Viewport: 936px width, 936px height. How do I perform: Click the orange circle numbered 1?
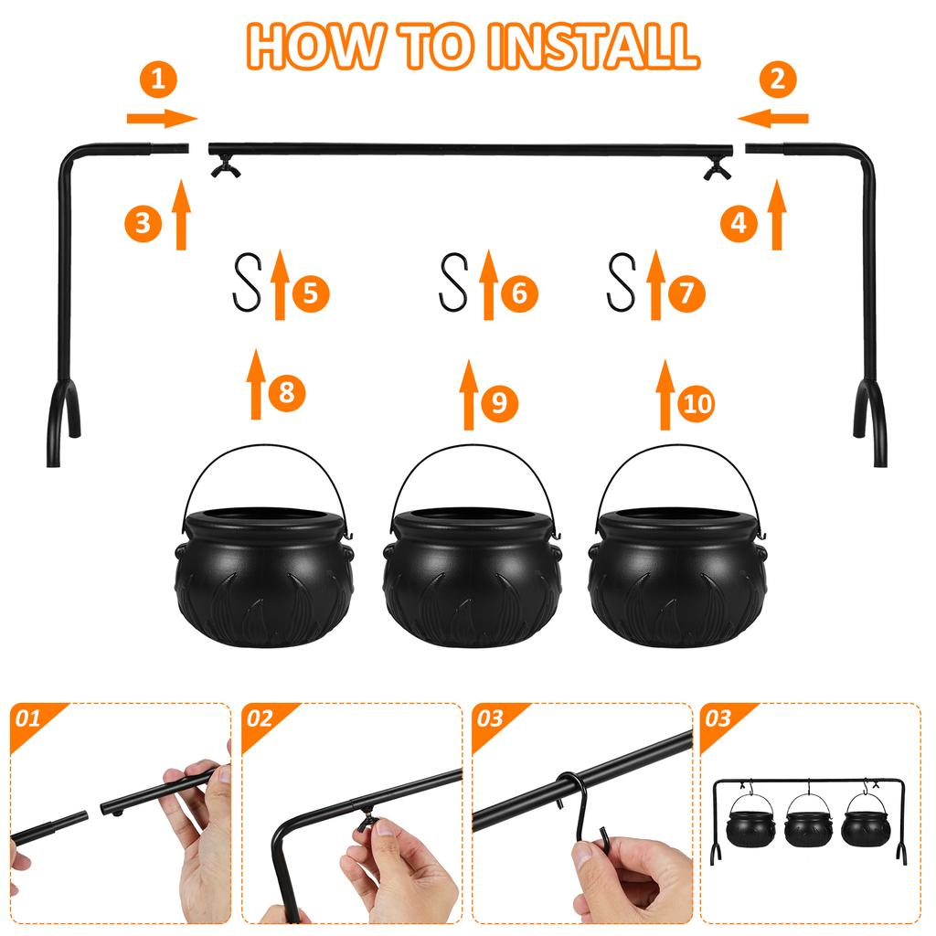[x=159, y=80]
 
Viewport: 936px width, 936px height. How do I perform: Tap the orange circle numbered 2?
[x=777, y=80]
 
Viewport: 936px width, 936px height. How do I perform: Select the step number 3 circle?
[x=143, y=223]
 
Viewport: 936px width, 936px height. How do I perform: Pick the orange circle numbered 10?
[x=697, y=404]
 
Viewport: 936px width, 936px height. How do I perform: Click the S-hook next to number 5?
[x=247, y=282]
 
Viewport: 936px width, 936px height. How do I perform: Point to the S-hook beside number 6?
[x=454, y=282]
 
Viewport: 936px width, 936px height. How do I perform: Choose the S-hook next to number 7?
[x=622, y=282]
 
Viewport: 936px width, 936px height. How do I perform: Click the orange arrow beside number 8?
[x=257, y=384]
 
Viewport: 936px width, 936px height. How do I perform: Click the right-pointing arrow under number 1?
[x=162, y=118]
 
